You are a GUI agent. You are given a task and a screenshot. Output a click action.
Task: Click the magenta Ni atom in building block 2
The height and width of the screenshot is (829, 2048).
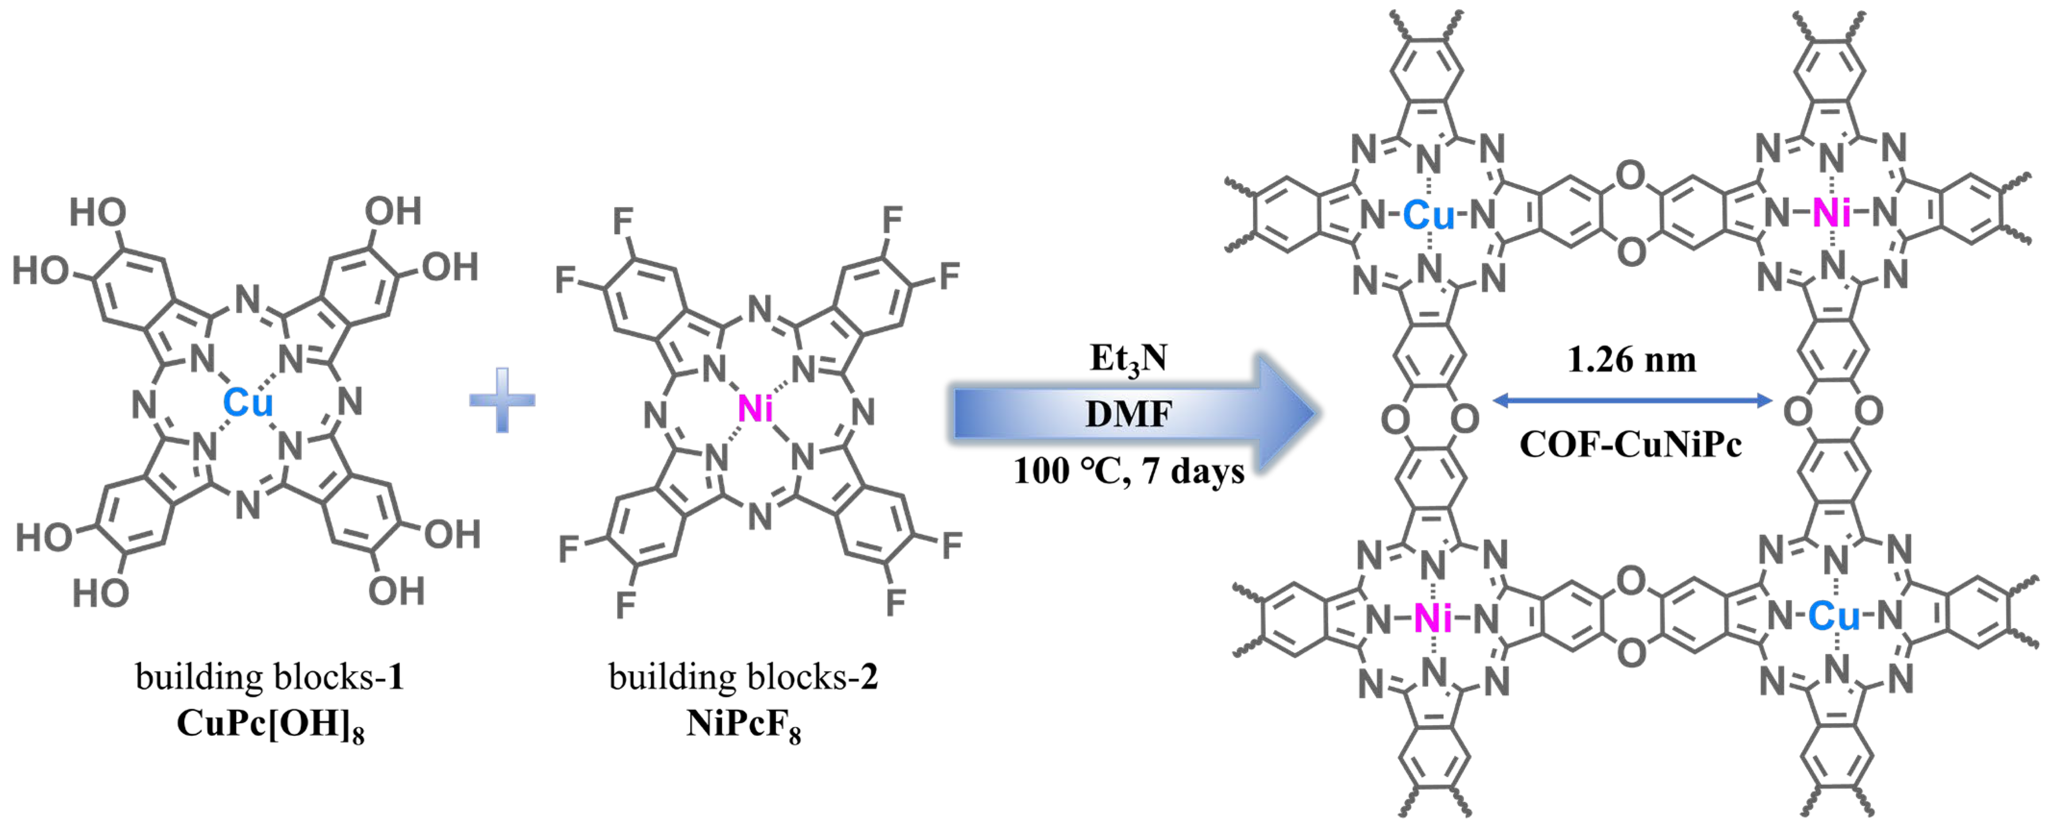755,409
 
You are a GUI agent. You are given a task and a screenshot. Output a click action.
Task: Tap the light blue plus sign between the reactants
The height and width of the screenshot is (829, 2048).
502,400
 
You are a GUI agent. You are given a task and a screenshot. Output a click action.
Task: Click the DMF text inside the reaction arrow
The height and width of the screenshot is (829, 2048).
1128,414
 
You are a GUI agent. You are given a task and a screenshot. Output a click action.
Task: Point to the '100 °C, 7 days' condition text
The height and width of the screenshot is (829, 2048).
1128,471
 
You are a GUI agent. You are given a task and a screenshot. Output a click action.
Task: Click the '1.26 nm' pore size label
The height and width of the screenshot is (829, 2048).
1631,360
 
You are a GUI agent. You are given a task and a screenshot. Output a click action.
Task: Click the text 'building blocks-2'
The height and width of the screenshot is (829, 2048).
744,677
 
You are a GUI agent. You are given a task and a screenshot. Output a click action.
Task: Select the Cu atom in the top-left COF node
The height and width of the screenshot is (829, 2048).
1429,214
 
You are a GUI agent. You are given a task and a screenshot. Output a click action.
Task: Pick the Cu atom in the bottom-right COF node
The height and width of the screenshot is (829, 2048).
1834,616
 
